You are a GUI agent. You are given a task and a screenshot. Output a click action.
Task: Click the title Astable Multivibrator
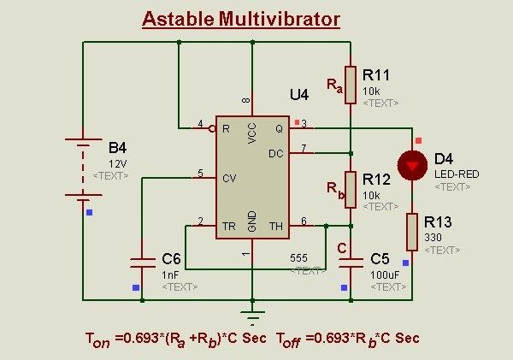point(240,19)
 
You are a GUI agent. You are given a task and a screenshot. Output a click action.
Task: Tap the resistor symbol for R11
point(351,84)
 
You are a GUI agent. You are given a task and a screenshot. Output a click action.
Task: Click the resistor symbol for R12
point(351,189)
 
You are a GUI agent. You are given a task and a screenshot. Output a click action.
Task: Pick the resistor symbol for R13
point(412,232)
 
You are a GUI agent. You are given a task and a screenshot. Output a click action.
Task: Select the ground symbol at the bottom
point(251,316)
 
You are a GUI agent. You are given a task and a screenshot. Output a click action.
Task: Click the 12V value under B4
point(117,162)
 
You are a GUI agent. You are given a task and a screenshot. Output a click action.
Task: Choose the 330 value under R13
point(433,236)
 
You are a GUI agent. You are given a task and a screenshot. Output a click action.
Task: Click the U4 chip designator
point(298,95)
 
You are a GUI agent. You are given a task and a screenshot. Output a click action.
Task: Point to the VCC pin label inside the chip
point(252,131)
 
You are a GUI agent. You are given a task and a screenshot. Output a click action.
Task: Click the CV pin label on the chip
point(227,178)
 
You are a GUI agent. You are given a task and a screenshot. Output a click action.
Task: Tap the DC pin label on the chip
point(275,154)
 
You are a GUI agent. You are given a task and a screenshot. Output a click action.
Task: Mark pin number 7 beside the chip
point(303,149)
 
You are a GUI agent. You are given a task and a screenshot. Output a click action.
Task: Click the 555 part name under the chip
point(298,257)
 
